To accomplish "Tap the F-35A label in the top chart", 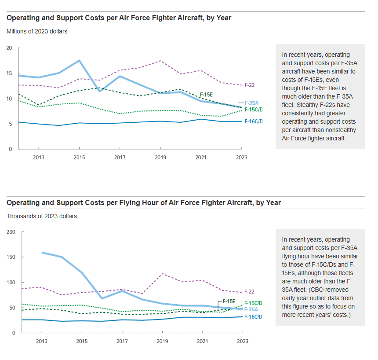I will coord(251,103).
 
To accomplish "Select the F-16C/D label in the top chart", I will coord(254,121).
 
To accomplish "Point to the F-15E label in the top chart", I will coord(207,95).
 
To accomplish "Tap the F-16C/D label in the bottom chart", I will coord(254,316).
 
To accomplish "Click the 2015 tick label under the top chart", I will coord(79,157).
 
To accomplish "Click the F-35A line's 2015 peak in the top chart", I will coord(79,60).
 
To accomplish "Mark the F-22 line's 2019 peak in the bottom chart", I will coord(162,274).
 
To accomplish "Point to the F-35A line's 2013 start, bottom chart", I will coord(42,252).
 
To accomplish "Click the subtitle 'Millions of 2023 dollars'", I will coord(36,31).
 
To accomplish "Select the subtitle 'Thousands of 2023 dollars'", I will coord(41,216).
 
